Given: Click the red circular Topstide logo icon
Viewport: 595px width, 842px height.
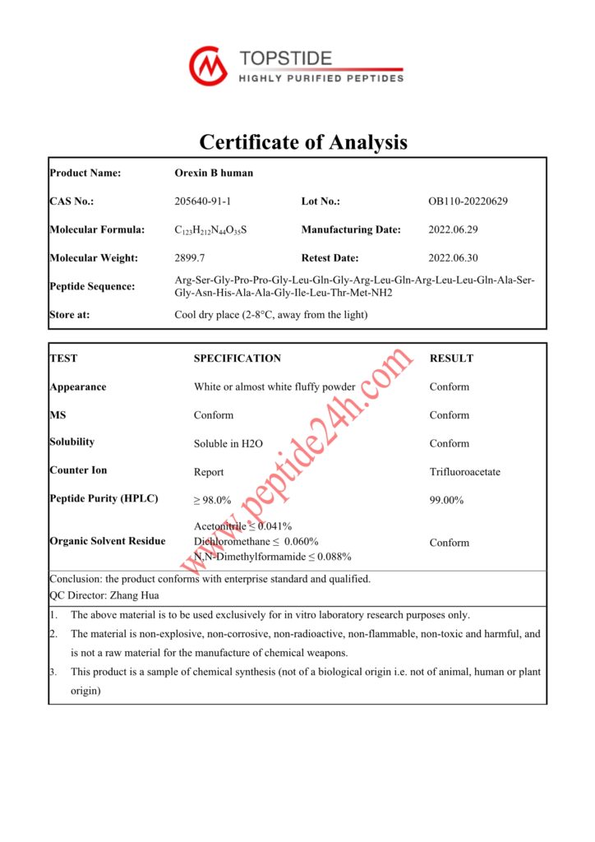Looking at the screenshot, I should tap(207, 65).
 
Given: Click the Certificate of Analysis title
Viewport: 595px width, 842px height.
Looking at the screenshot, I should tap(303, 142).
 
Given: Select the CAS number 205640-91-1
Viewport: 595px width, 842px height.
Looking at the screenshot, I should tap(209, 201).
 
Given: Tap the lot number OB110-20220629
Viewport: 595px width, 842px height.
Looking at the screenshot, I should tap(468, 201).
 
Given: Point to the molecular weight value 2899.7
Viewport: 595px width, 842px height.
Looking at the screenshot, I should tap(191, 258).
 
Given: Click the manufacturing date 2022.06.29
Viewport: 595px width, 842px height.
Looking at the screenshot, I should tap(456, 229).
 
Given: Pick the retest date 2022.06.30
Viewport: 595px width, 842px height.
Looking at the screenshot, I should tap(456, 258).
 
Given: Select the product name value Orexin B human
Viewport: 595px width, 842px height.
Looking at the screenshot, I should tap(214, 173).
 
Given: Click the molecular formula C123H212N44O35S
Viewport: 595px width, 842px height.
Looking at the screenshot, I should tap(210, 230).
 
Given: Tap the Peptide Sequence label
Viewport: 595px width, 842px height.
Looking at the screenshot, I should tap(92, 286).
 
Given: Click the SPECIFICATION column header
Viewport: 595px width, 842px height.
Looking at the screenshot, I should tap(237, 359).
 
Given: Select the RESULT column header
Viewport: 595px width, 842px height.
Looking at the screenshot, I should tap(451, 359).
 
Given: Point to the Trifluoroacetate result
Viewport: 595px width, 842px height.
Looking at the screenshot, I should tap(464, 472).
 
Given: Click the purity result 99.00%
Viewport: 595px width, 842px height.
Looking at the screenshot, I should tap(446, 500).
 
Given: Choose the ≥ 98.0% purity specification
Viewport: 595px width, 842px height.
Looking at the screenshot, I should tap(212, 500).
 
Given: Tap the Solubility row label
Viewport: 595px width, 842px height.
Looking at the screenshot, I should tap(72, 442).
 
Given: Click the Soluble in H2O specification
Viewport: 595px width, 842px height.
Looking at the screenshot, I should tap(228, 444).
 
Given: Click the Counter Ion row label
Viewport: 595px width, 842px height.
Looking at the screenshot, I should tap(78, 470).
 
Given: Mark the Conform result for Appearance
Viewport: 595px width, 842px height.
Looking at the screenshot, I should tap(449, 386).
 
